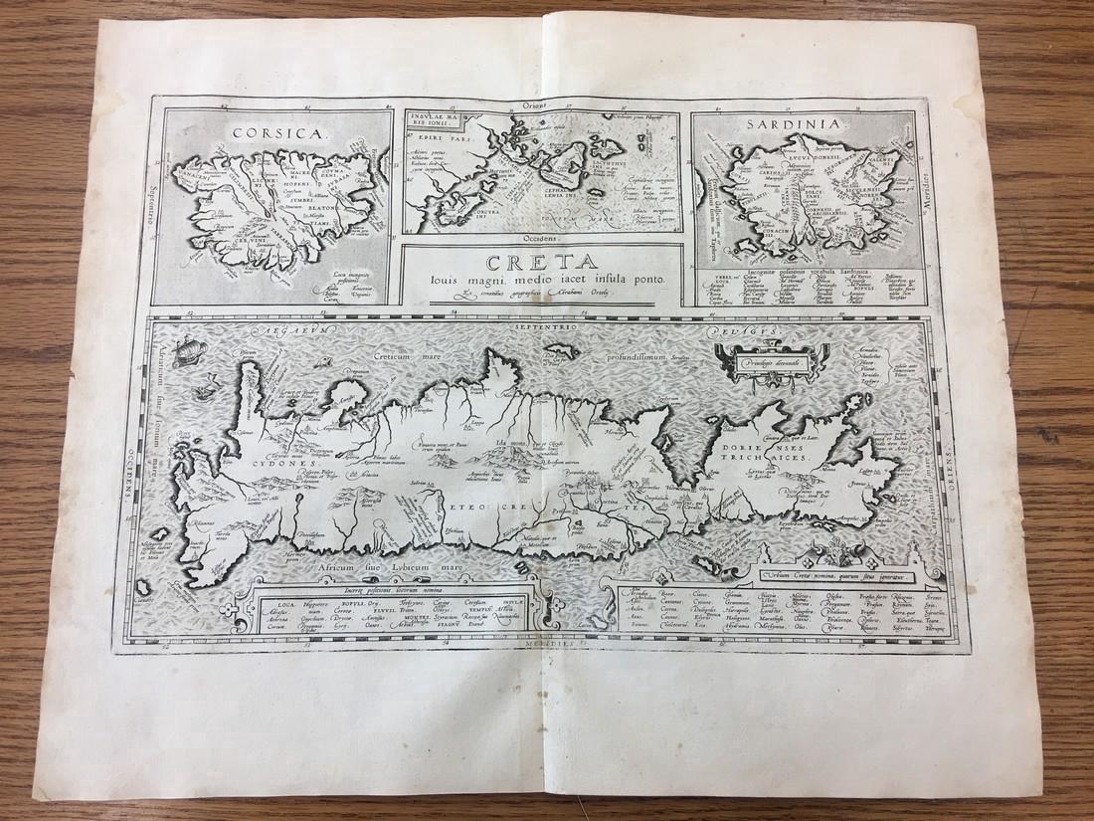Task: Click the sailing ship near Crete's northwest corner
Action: [x=186, y=350]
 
